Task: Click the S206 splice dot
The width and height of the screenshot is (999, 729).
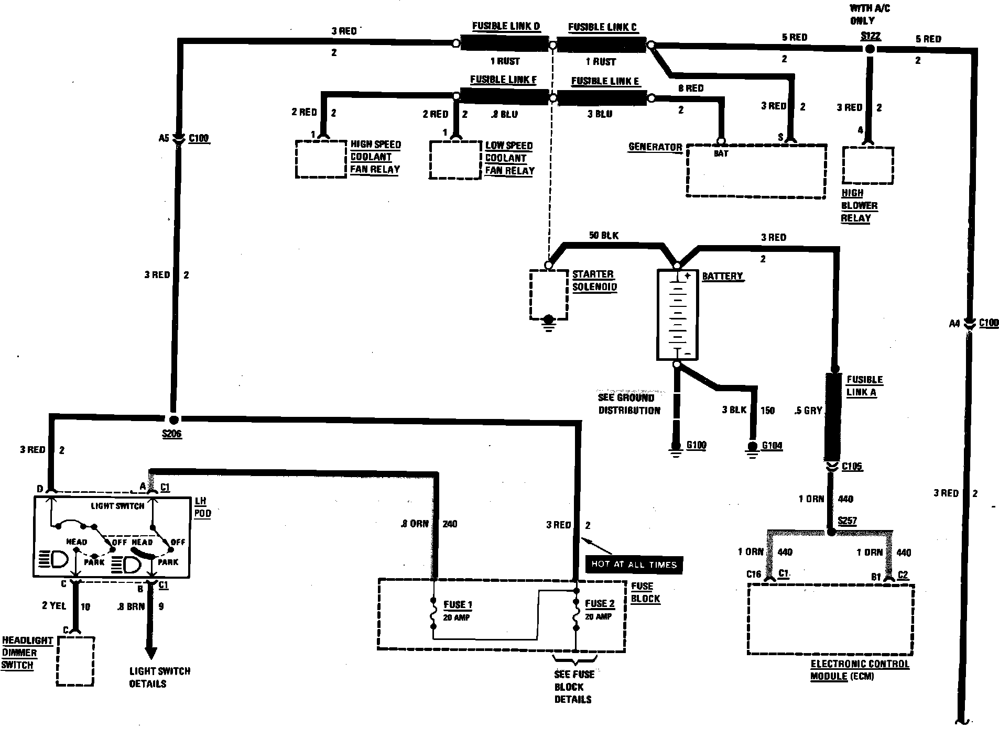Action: tap(173, 419)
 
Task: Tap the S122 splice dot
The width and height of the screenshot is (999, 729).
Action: tap(870, 49)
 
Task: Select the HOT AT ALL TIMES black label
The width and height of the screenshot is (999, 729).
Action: tap(634, 564)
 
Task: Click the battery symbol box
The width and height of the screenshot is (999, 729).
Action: tap(678, 315)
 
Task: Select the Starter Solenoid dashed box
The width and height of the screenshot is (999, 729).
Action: tap(548, 294)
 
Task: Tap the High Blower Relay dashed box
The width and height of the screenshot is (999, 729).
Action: tap(867, 165)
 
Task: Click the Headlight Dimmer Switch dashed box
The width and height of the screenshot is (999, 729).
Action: tap(75, 661)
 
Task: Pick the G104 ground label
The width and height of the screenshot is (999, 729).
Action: tap(772, 446)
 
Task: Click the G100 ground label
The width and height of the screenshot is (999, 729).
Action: tap(696, 445)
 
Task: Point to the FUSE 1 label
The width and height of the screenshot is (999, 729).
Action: tap(458, 605)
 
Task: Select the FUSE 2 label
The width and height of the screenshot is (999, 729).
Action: tap(600, 604)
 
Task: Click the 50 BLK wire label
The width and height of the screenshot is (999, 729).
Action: tap(603, 236)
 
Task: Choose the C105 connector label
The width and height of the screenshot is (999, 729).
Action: tap(852, 466)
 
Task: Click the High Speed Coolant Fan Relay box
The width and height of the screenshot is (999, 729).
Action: tap(321, 159)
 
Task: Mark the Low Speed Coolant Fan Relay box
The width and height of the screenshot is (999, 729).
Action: tap(455, 160)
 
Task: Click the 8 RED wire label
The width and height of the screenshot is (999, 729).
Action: tap(690, 89)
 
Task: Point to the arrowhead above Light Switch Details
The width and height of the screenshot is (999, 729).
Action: tap(151, 653)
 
